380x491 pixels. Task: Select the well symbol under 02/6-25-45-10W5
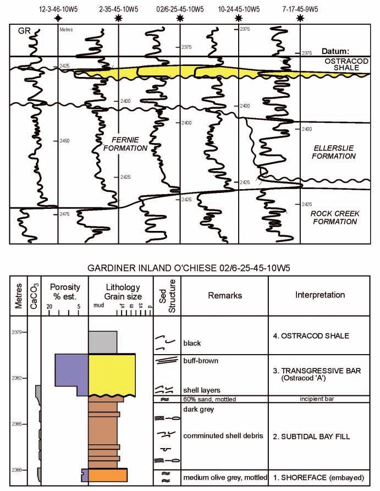[x=180, y=19]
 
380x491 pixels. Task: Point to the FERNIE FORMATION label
[x=125, y=144]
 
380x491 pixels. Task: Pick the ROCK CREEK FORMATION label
[x=334, y=218]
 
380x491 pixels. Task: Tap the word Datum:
[x=337, y=50]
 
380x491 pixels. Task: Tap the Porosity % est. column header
[x=65, y=291]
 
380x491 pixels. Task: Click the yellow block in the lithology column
[x=112, y=374]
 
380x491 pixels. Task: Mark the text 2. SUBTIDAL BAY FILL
[x=312, y=437]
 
